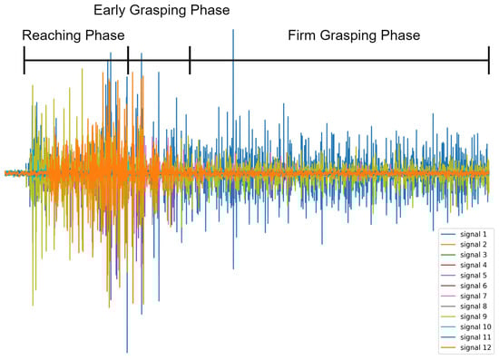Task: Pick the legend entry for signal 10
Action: pyautogui.click(x=466, y=327)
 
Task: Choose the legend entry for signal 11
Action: pyautogui.click(x=466, y=337)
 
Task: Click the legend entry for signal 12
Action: pyautogui.click(x=466, y=347)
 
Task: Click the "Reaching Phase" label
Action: pyautogui.click(x=73, y=35)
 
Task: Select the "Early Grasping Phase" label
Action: pyautogui.click(x=161, y=10)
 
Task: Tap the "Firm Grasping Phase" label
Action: pyautogui.click(x=354, y=35)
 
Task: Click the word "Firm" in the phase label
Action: pyautogui.click(x=302, y=34)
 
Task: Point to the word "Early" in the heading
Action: pyautogui.click(x=110, y=10)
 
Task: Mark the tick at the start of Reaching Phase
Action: pyautogui.click(x=24, y=61)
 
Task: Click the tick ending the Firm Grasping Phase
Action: pyautogui.click(x=489, y=61)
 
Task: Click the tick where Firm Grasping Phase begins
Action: pyautogui.click(x=190, y=61)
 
